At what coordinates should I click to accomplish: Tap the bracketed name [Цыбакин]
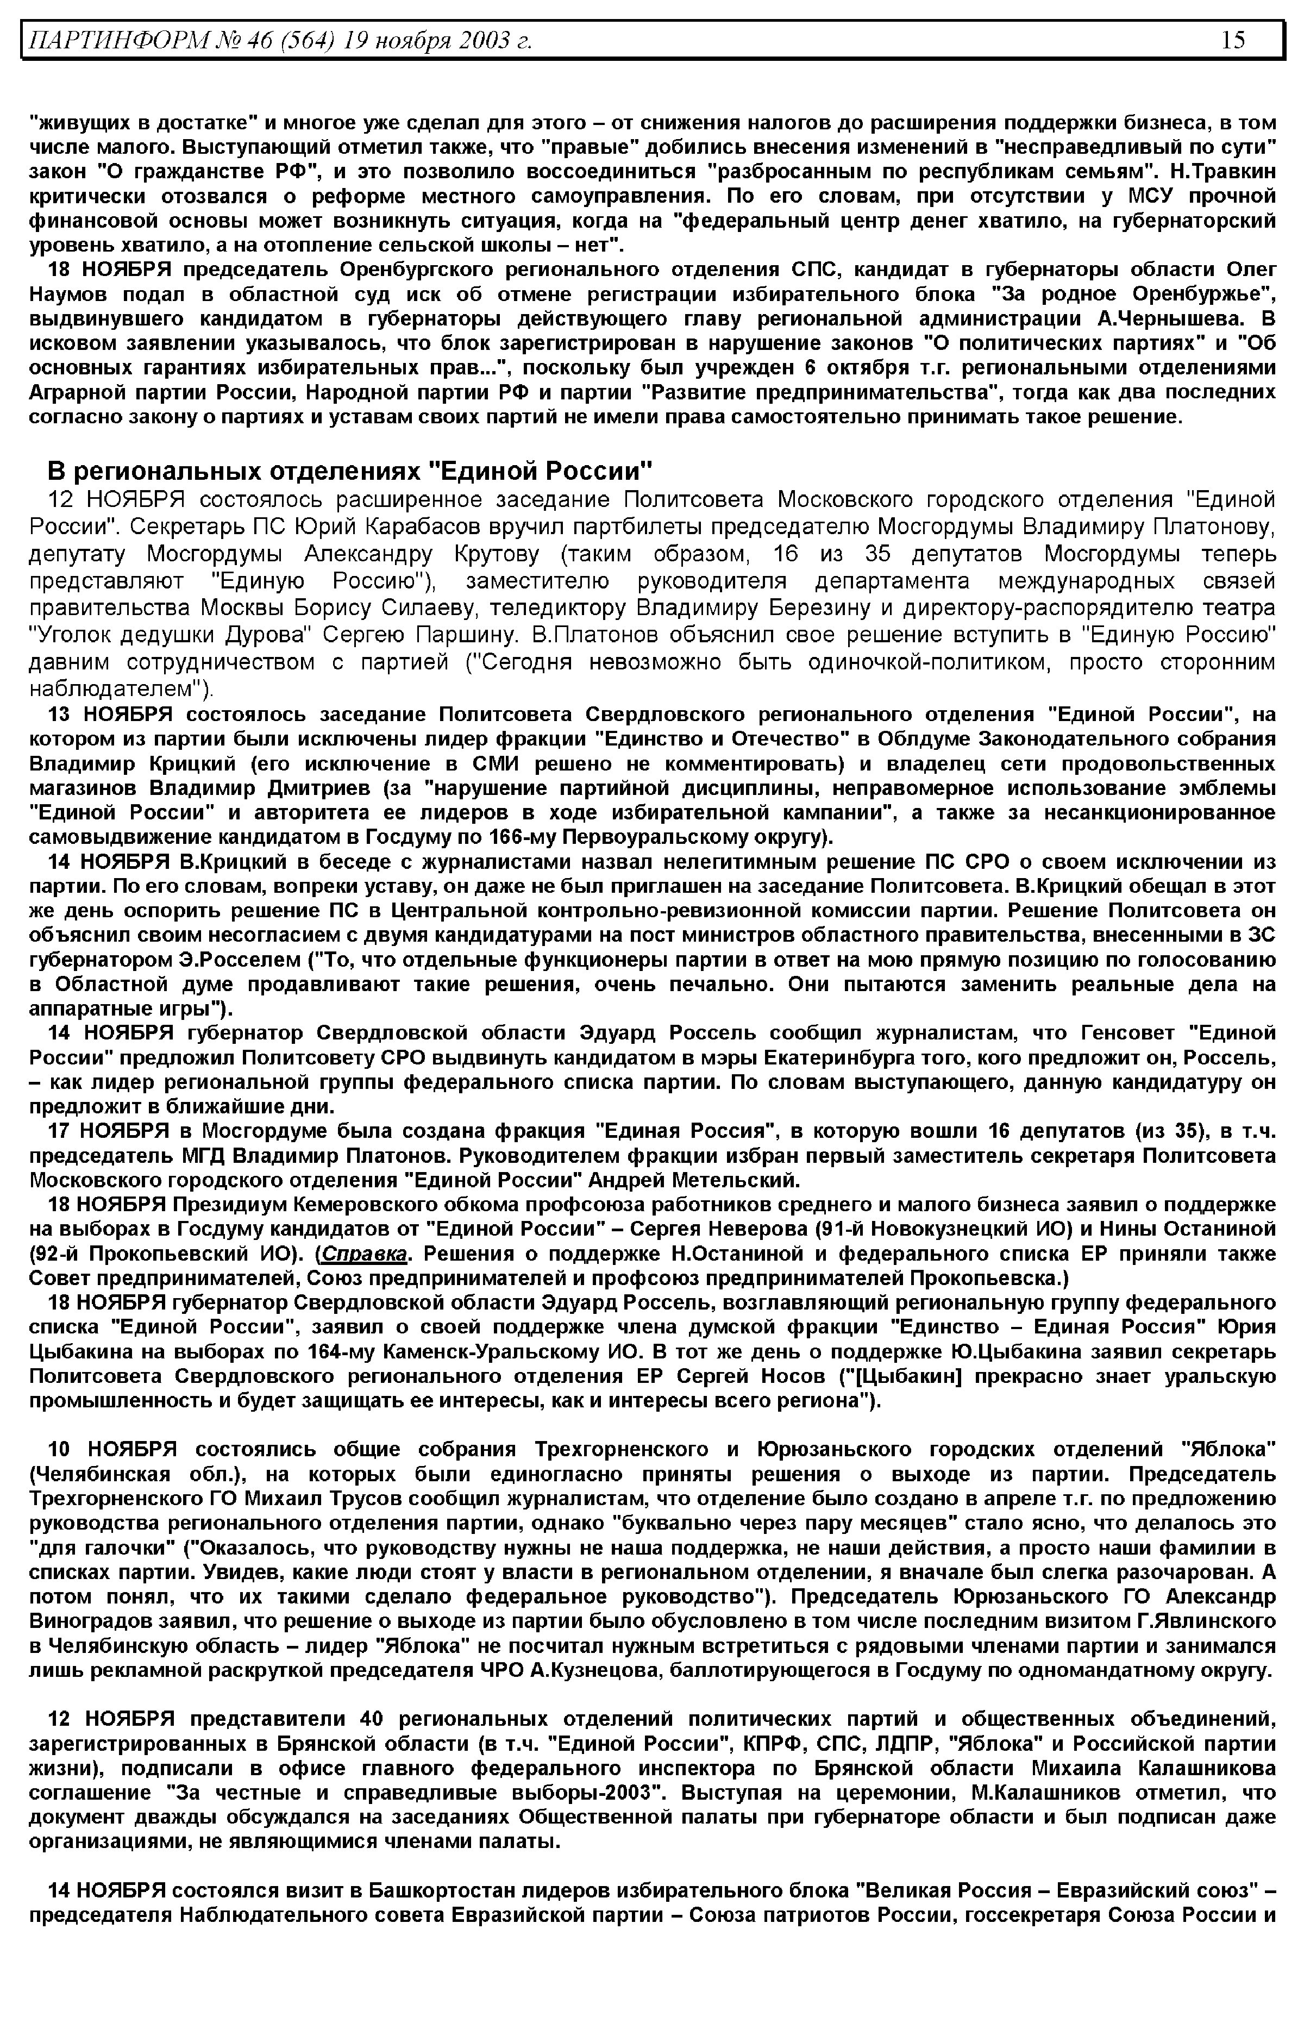coord(908,1376)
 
